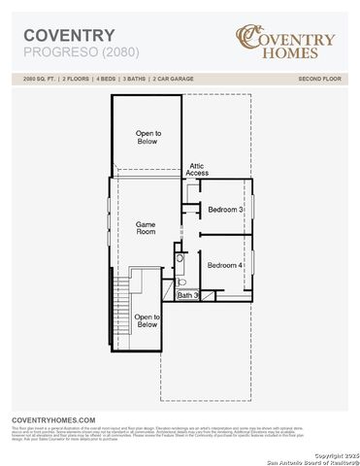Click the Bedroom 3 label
click(x=225, y=210)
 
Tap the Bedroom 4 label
click(x=225, y=265)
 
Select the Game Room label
click(x=146, y=228)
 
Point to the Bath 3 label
click(x=187, y=295)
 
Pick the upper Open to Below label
click(x=147, y=137)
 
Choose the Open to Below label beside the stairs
click(x=147, y=320)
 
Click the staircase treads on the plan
click(x=122, y=301)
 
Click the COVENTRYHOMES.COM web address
click(x=53, y=418)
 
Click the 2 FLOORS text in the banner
click(x=76, y=77)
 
